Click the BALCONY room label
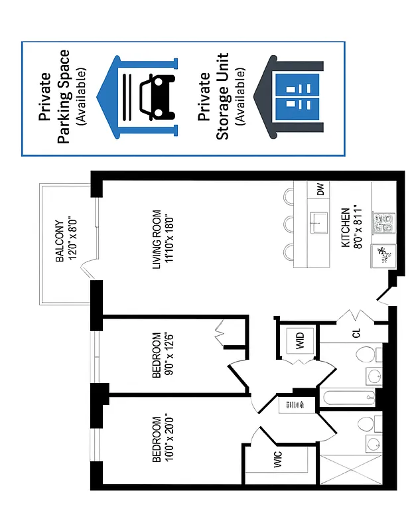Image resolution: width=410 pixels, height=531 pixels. pyautogui.click(x=59, y=240)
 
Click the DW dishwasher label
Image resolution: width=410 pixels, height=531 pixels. pyautogui.click(x=320, y=190)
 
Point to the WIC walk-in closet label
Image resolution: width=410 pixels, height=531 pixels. pyautogui.click(x=279, y=460)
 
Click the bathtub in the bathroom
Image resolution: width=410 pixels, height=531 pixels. pyautogui.click(x=348, y=398)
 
